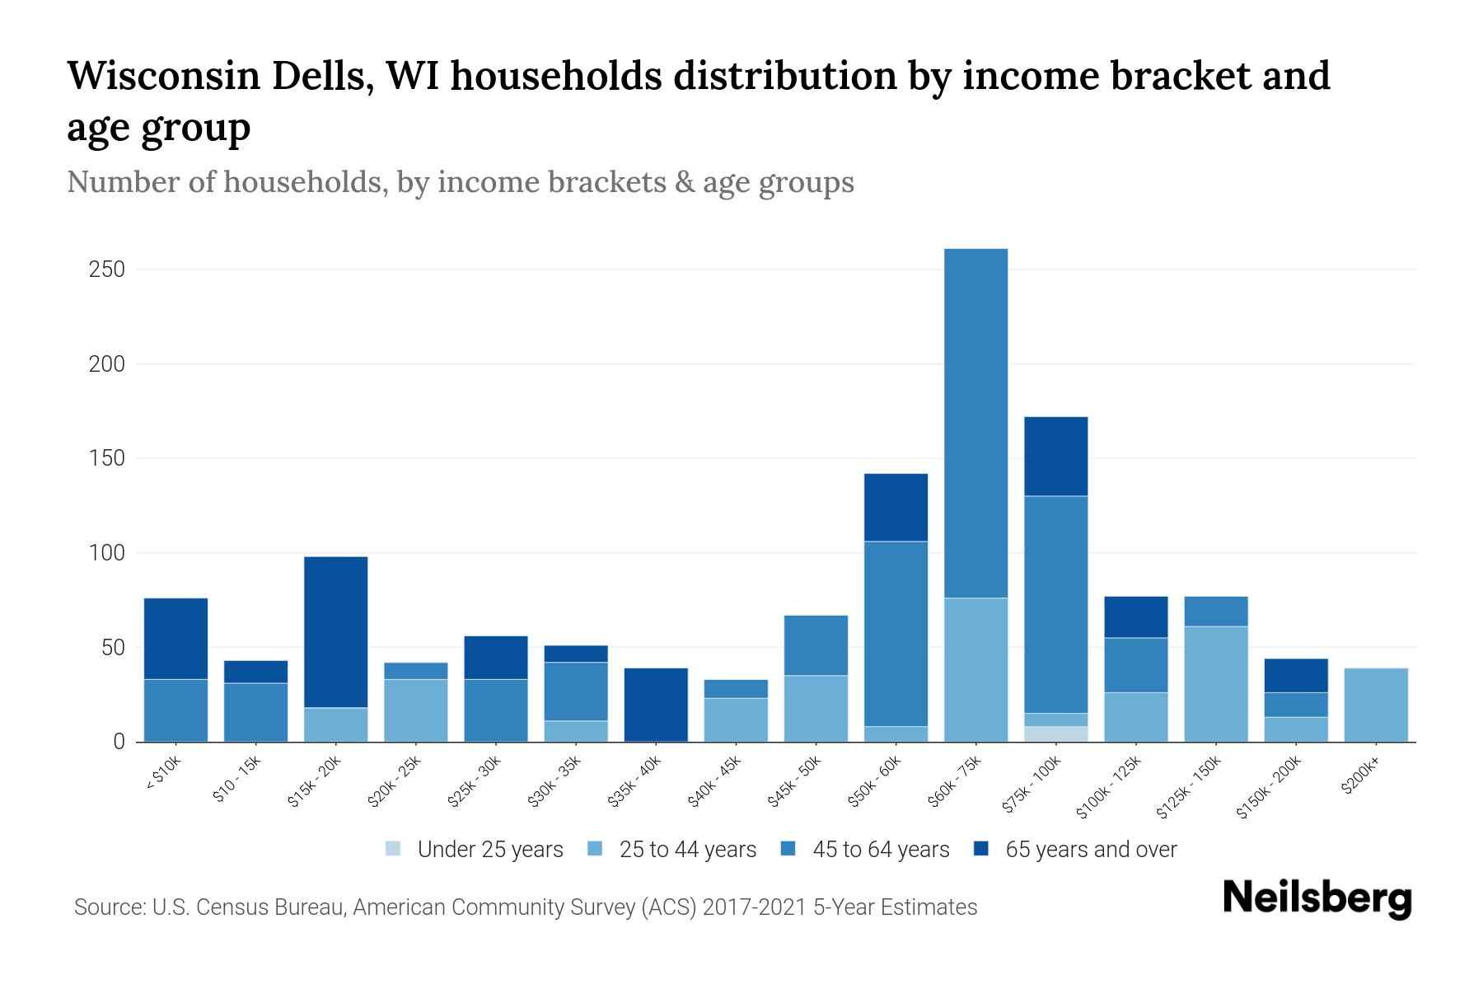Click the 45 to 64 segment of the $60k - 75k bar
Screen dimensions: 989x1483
(975, 423)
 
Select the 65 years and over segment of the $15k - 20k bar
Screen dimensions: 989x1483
(335, 632)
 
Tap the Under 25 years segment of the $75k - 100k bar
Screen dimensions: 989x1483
(1055, 734)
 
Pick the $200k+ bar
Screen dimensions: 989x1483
(1375, 705)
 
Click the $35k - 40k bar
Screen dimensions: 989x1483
(656, 705)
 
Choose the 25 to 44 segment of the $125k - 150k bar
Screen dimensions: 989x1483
(1215, 684)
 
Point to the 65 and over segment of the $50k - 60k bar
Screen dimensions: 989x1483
(896, 507)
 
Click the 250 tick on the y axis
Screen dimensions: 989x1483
(106, 270)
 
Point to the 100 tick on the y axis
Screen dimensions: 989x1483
(106, 553)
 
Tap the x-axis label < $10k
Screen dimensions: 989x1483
(163, 775)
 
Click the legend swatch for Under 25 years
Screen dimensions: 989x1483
(394, 849)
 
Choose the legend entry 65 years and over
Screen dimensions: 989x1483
(1090, 850)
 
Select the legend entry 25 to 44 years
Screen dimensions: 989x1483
(687, 850)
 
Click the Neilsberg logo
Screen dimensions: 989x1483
(1317, 899)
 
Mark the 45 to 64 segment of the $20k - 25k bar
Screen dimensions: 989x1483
(416, 671)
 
